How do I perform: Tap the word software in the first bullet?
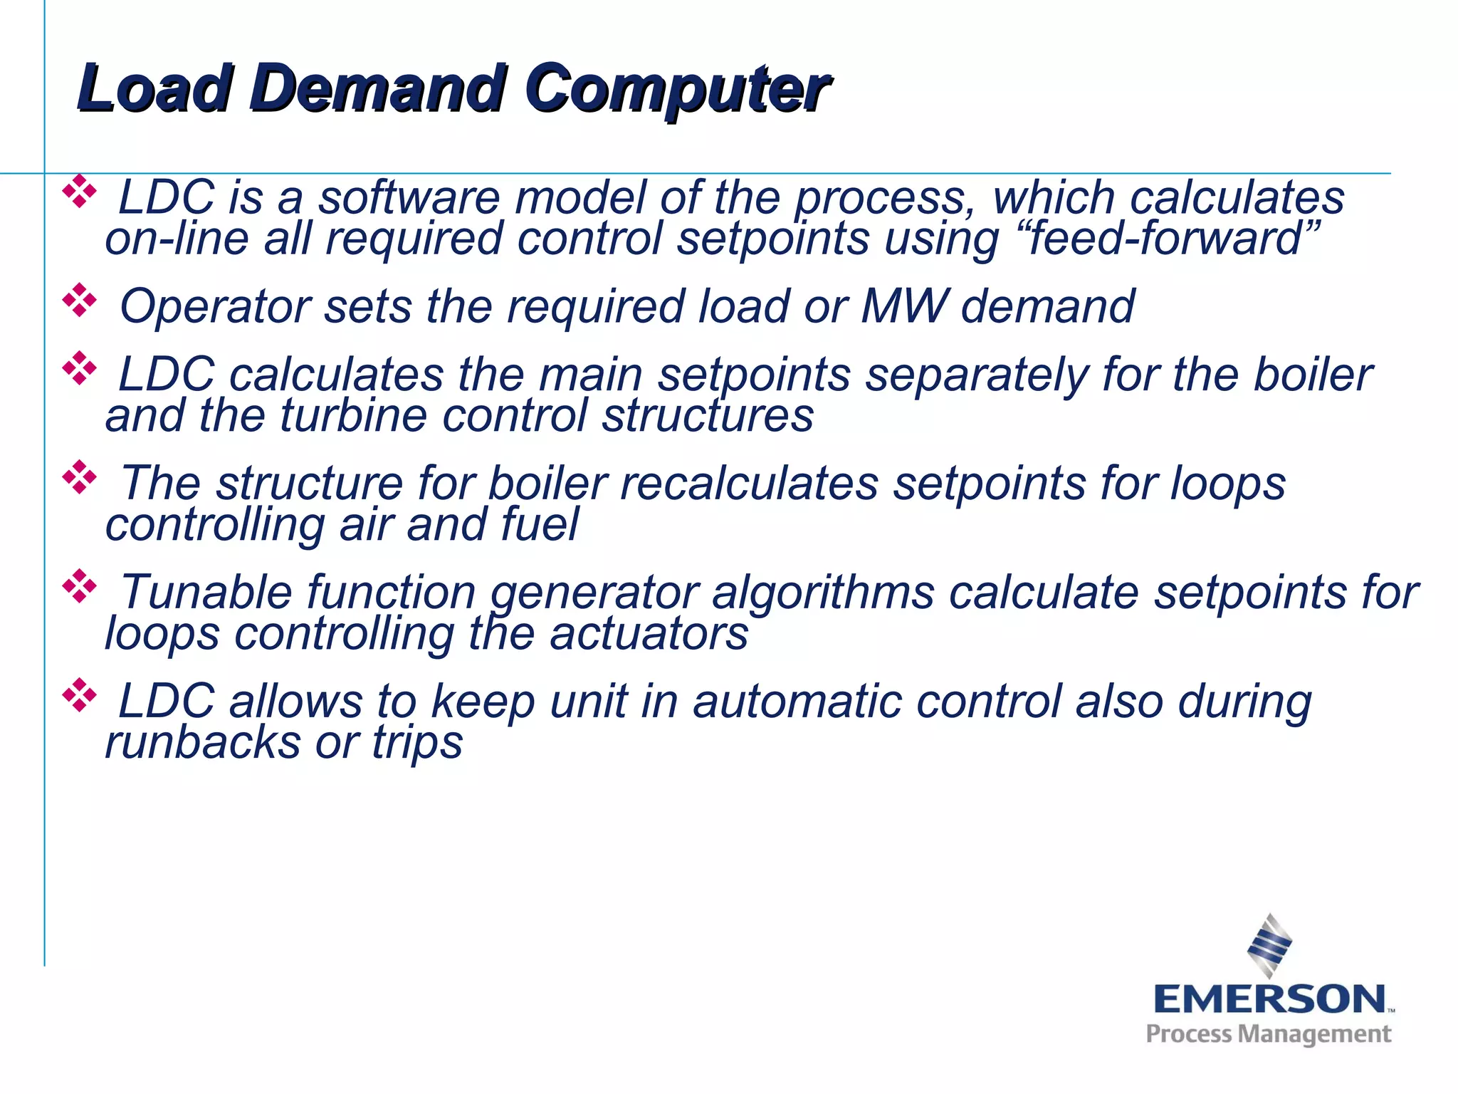coord(409,197)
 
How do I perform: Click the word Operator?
coord(214,306)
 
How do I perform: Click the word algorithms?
coord(822,593)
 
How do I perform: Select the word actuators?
coord(649,633)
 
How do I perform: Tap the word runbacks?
coord(203,742)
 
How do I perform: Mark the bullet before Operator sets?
coord(79,301)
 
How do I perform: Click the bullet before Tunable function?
coord(79,587)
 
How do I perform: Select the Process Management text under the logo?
coord(1268,1034)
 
